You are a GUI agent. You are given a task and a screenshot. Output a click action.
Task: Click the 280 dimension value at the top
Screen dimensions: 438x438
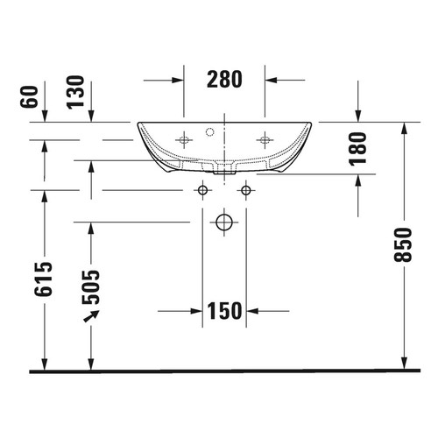pyautogui.click(x=224, y=79)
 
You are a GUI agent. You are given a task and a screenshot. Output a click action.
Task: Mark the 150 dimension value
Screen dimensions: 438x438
pyautogui.click(x=223, y=310)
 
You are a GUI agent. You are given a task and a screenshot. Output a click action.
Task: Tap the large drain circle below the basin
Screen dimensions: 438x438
pyautogui.click(x=225, y=223)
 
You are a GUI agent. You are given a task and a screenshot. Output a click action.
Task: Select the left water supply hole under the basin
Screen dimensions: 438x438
pyautogui.click(x=202, y=190)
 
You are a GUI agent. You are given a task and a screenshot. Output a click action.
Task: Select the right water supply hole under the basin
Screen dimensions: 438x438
pyautogui.click(x=246, y=190)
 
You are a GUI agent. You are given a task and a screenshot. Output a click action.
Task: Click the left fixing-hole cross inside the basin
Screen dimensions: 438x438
pyautogui.click(x=185, y=138)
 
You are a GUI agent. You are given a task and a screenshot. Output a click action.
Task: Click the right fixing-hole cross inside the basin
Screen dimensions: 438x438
pyautogui.click(x=264, y=138)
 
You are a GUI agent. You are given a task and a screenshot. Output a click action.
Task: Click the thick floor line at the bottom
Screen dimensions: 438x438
pyautogui.click(x=224, y=371)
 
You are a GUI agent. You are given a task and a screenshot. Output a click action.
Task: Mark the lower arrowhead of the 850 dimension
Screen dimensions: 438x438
pyautogui.click(x=405, y=364)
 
